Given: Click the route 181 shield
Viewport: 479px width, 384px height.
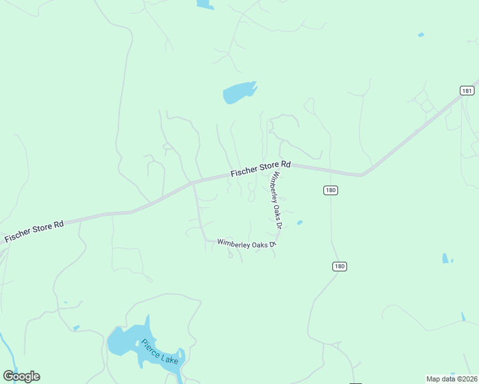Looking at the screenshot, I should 467,91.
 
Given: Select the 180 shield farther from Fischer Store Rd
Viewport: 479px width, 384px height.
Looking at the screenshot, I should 339,266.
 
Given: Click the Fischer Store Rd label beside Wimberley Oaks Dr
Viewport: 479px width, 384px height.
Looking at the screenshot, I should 261,168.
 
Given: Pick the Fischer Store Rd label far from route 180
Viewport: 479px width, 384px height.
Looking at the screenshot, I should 35,232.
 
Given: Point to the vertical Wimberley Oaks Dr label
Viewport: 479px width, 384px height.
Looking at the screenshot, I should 277,200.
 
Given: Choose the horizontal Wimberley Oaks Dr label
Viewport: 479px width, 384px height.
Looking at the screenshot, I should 246,243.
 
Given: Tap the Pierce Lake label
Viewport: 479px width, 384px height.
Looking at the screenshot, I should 160,351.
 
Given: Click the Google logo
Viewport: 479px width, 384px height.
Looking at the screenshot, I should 21,376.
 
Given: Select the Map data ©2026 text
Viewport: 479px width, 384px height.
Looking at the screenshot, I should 451,379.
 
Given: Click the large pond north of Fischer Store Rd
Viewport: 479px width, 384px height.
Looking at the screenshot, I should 238,93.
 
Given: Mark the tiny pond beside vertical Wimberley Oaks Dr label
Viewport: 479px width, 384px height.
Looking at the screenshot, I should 299,223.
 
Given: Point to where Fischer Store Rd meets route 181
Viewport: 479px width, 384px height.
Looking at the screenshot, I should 362,174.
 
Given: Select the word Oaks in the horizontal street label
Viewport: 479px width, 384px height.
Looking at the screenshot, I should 254,243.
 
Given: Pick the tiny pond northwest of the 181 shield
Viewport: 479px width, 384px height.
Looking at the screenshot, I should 421,35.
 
